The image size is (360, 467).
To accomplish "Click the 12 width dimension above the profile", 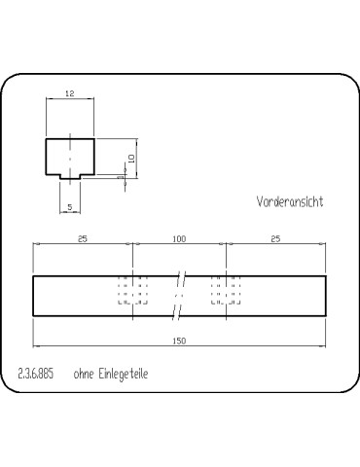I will pos(70,93).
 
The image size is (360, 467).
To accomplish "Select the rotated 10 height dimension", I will pos(129,158).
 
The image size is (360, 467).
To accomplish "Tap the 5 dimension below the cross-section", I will pos(70,207).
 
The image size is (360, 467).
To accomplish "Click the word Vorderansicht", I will pos(289,202).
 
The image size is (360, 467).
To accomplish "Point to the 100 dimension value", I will pos(179,238).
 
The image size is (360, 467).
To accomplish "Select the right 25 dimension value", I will pos(276,238).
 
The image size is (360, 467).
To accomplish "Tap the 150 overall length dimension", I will pos(179,341).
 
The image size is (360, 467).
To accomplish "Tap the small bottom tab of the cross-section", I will pos(70,176).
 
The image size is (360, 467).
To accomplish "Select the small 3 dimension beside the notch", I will pos(119,178).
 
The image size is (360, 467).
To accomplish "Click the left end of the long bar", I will pos(35,296).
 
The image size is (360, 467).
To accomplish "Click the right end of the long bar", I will pos(325,296).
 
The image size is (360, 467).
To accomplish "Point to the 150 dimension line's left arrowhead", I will pos(37,345).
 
